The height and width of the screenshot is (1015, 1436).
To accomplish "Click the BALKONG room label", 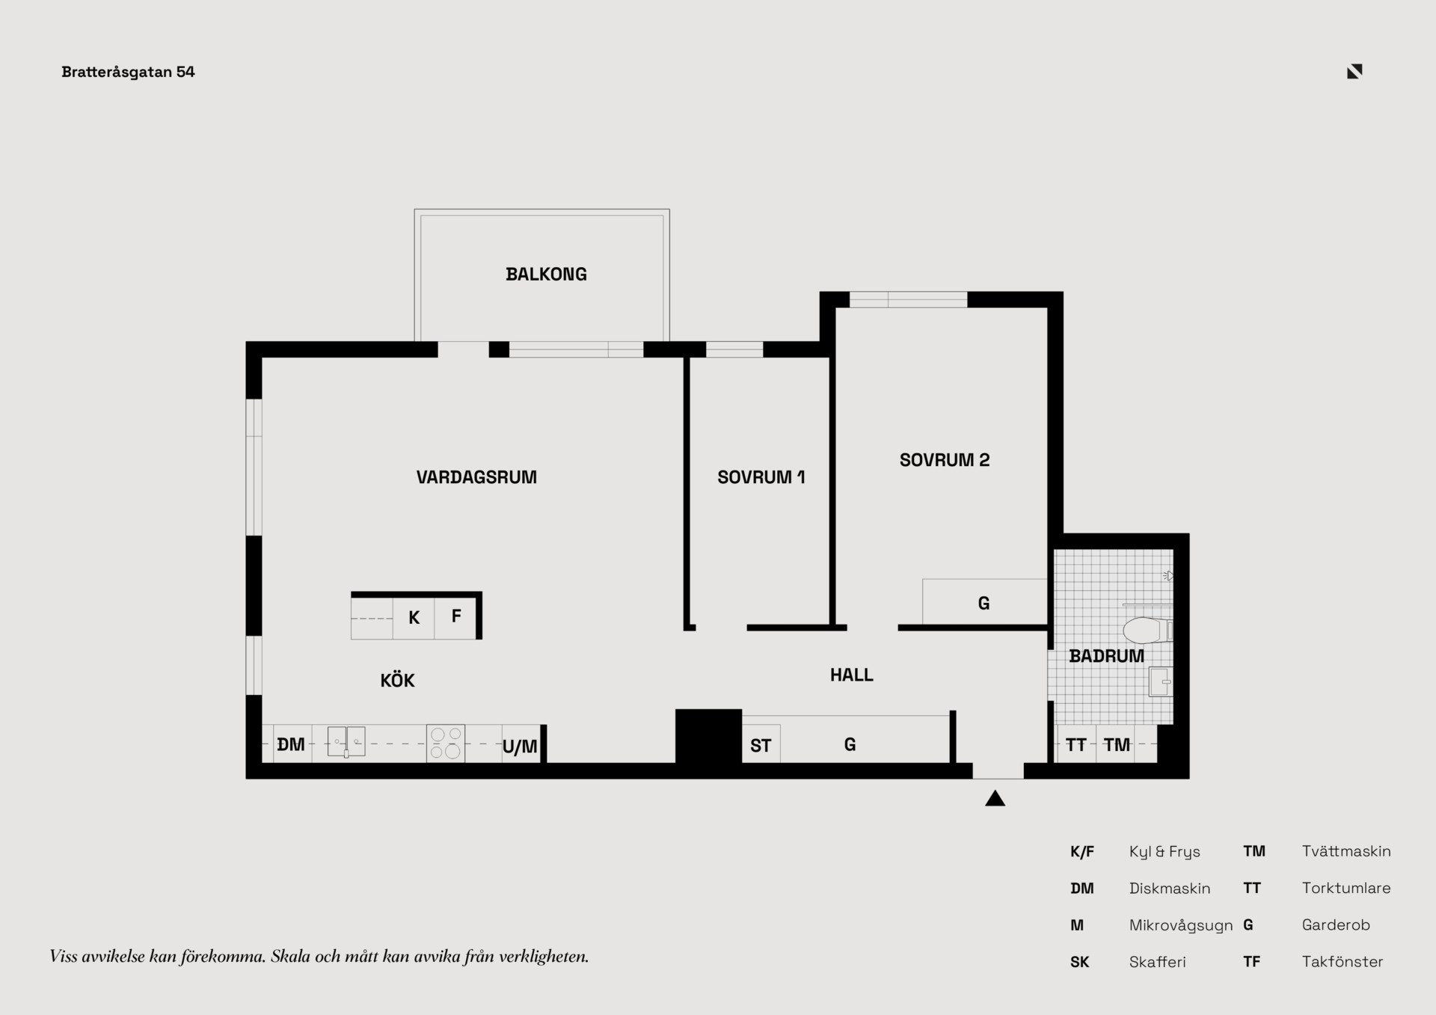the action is click(546, 275).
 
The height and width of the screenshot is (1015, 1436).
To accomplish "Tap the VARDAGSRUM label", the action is click(476, 477).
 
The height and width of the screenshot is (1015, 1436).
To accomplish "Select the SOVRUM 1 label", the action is click(761, 477).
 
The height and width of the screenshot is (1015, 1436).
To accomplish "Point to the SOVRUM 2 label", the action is click(945, 460).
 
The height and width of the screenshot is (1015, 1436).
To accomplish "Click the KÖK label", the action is click(397, 680).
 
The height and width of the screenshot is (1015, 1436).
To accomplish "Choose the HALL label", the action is click(851, 675).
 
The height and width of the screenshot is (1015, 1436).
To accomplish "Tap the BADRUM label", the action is click(1107, 656).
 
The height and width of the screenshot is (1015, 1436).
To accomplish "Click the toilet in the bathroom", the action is click(1147, 631).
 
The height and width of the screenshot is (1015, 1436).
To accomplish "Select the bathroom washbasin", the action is click(1160, 682).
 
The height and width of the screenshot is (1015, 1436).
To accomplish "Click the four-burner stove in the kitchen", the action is click(446, 743).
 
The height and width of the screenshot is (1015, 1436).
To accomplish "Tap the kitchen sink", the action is click(346, 742).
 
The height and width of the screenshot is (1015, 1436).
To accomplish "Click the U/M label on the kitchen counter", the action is click(520, 746).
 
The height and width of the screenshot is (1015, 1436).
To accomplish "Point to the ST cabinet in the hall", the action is click(761, 744).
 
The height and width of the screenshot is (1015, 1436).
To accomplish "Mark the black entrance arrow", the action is click(995, 798).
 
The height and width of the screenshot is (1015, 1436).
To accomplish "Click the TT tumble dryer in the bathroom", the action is click(1076, 744).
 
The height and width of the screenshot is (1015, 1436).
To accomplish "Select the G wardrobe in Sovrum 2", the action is click(984, 602).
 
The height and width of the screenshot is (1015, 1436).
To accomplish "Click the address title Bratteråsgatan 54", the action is click(128, 72).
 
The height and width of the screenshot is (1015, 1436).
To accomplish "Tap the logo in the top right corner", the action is click(1354, 71).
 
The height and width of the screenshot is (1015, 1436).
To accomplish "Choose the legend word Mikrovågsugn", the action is click(1181, 925).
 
